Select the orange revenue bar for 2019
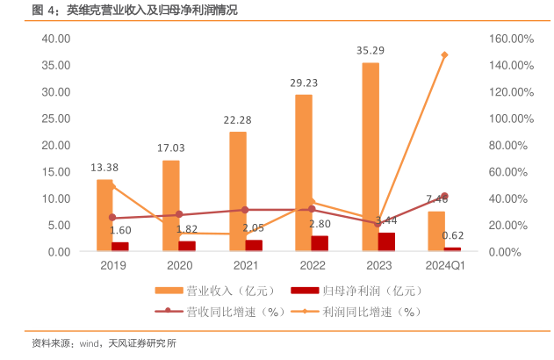[x=104, y=215]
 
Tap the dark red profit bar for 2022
[x=320, y=243]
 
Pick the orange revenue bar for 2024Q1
[x=436, y=231]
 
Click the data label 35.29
[x=371, y=50]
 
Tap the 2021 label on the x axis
[x=246, y=265]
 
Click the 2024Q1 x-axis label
[x=445, y=265]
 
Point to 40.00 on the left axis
[x=55, y=39]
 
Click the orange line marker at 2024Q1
[x=445, y=54]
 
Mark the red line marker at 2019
[x=112, y=218]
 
